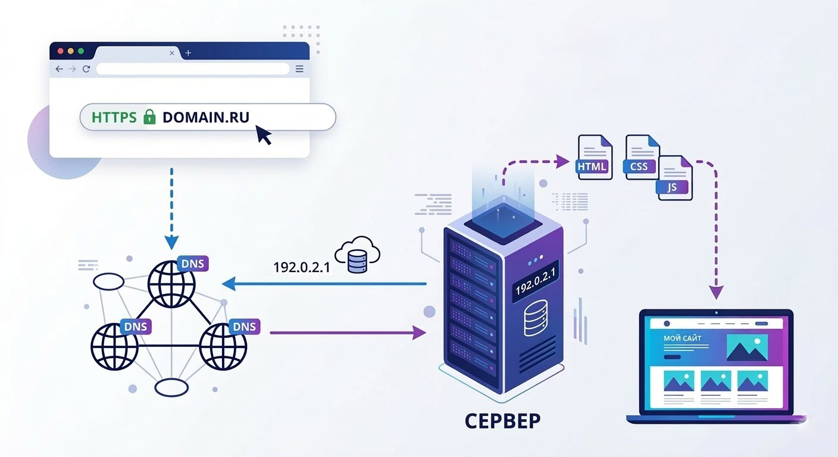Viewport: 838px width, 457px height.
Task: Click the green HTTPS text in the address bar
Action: click(114, 117)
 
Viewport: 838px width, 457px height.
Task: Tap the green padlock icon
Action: click(149, 117)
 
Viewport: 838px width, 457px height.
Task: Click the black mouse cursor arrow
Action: click(262, 134)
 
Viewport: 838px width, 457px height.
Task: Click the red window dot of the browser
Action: click(60, 52)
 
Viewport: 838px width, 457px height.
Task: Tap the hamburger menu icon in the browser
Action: click(299, 69)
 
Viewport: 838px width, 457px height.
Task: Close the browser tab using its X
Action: click(172, 53)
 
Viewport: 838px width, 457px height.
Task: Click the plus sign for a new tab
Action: click(188, 53)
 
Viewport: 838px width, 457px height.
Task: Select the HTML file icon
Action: click(594, 156)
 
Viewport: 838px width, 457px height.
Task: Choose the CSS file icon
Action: click(642, 156)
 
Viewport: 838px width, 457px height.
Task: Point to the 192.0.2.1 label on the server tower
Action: click(535, 281)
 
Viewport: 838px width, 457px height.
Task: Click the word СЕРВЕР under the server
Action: click(502, 420)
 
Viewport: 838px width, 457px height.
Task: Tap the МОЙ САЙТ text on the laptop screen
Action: click(682, 339)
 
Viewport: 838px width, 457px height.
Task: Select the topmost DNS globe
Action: click(171, 283)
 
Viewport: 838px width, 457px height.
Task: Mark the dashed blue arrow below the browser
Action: click(171, 208)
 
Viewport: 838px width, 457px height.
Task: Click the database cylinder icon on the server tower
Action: click(535, 321)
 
